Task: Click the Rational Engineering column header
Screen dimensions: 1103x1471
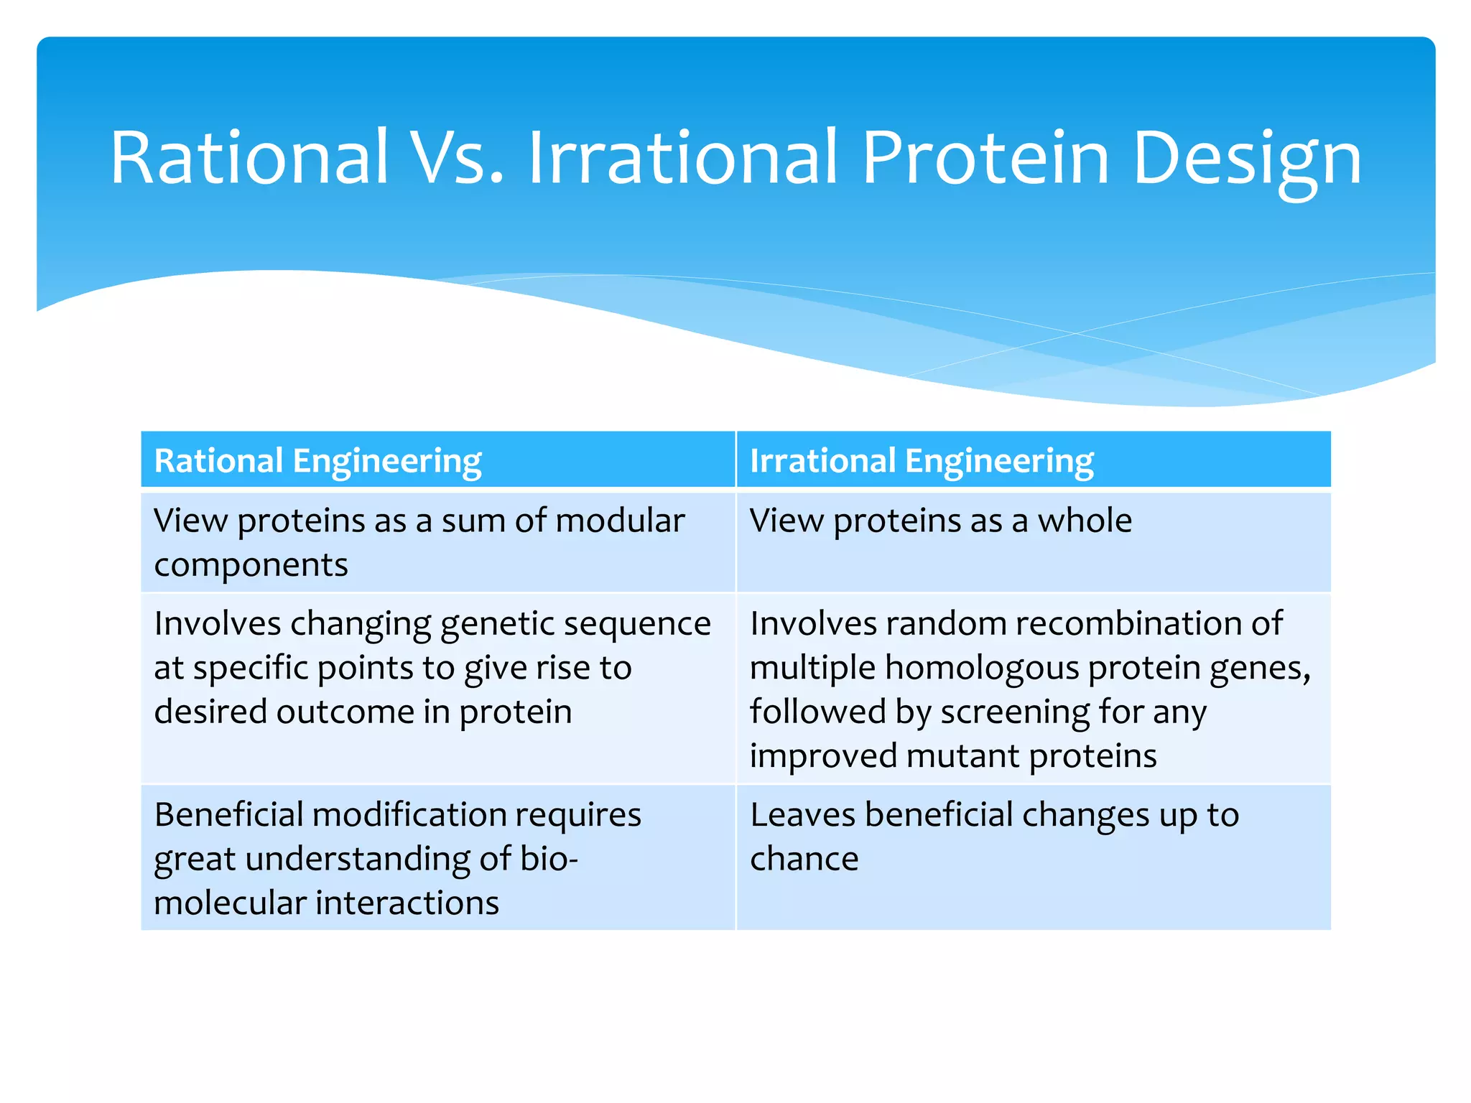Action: coord(317,461)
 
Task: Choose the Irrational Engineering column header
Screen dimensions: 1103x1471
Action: coord(922,461)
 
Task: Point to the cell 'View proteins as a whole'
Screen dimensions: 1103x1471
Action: coord(940,521)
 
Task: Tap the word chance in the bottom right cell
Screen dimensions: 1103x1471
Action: coord(804,860)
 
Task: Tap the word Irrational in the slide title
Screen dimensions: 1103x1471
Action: coord(682,158)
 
